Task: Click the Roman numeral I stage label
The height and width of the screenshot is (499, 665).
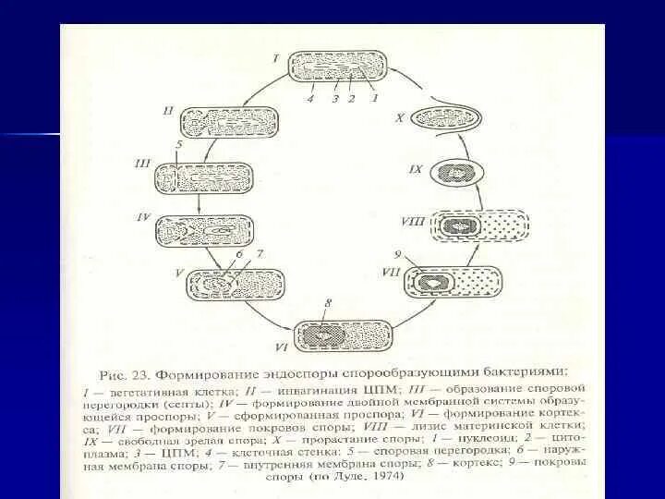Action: (x=276, y=56)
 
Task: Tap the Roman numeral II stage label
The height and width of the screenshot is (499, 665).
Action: (x=168, y=110)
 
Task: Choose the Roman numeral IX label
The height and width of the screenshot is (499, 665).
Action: (x=416, y=169)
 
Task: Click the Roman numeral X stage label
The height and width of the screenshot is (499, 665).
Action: (x=400, y=118)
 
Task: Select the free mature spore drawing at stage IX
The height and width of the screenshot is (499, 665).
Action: (x=458, y=172)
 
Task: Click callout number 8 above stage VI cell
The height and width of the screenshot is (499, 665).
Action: (x=327, y=303)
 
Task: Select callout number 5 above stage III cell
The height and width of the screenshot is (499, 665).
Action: (x=179, y=144)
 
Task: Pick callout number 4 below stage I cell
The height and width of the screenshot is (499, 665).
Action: (x=310, y=98)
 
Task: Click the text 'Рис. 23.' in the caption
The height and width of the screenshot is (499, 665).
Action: (x=126, y=376)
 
